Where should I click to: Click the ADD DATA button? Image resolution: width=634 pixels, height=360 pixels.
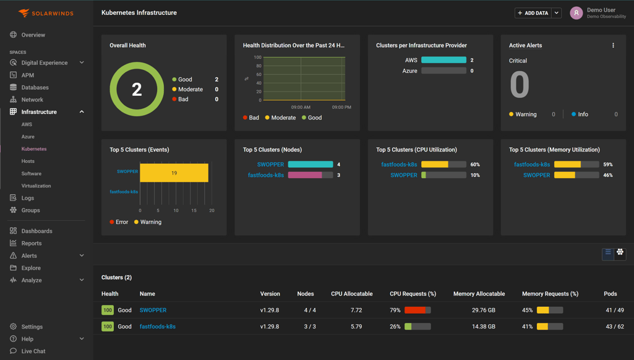click(533, 13)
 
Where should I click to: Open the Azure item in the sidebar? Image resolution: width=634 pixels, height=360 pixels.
click(28, 137)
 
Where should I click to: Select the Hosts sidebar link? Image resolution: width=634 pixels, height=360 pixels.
click(28, 161)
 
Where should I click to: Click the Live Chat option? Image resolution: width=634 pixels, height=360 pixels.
click(33, 351)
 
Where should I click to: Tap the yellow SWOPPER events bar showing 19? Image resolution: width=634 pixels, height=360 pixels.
click(174, 173)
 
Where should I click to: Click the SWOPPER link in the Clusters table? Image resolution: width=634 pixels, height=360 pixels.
click(153, 311)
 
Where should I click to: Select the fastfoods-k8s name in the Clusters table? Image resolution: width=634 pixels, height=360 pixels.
click(157, 327)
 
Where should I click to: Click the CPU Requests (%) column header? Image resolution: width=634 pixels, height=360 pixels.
click(413, 294)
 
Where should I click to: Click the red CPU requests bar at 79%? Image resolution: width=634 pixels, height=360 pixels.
click(415, 311)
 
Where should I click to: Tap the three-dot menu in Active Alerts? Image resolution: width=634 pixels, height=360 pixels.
click(613, 45)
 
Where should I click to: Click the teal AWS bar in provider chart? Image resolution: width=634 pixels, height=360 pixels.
click(443, 60)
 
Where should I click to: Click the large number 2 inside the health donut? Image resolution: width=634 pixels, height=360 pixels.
click(137, 90)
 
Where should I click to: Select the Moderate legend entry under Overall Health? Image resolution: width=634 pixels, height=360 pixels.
click(190, 90)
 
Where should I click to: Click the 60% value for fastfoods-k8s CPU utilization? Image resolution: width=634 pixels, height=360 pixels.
click(475, 165)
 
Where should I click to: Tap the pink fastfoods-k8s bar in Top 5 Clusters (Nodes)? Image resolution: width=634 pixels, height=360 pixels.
click(305, 175)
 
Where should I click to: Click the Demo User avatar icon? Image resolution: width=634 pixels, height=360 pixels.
click(576, 13)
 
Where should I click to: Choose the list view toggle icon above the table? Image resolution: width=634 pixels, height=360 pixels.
click(608, 253)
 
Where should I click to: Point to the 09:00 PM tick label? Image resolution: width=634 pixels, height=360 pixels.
click(341, 108)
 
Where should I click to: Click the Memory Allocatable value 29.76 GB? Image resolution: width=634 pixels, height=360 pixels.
click(483, 311)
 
